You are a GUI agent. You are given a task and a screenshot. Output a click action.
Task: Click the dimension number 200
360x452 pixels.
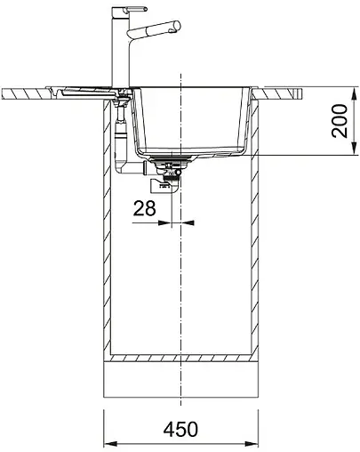pos(340,120)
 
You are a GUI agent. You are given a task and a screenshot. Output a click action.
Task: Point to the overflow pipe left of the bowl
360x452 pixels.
pos(122,133)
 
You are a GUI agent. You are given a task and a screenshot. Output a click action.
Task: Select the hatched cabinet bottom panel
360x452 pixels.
pos(181,356)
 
